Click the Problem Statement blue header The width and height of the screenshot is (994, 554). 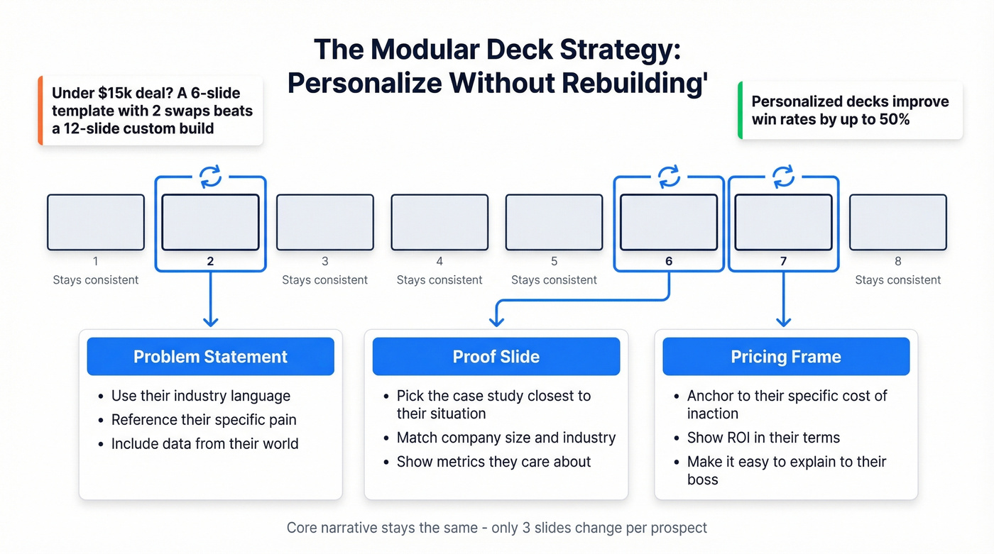tap(210, 356)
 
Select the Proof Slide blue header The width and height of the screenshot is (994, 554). tap(496, 356)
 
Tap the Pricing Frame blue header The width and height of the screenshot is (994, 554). tap(785, 356)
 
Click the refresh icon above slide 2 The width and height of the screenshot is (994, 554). tap(210, 177)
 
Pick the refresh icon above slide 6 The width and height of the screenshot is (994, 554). tap(669, 177)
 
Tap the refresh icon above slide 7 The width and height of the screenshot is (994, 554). tap(783, 177)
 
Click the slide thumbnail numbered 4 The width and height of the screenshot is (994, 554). tap(439, 222)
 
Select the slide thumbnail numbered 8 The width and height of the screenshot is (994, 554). tap(897, 222)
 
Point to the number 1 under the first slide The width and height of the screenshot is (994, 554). tap(96, 261)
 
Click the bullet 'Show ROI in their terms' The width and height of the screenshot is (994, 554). tap(763, 438)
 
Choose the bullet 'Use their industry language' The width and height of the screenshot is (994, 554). tap(201, 396)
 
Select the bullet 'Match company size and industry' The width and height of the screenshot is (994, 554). tap(506, 438)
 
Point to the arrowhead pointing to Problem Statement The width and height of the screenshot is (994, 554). tap(210, 321)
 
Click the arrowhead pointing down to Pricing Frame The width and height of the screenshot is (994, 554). tap(783, 321)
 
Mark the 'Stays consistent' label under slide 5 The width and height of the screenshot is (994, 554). tap(554, 280)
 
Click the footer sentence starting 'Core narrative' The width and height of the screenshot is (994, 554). tap(496, 528)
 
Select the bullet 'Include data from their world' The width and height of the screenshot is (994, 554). tap(204, 444)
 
